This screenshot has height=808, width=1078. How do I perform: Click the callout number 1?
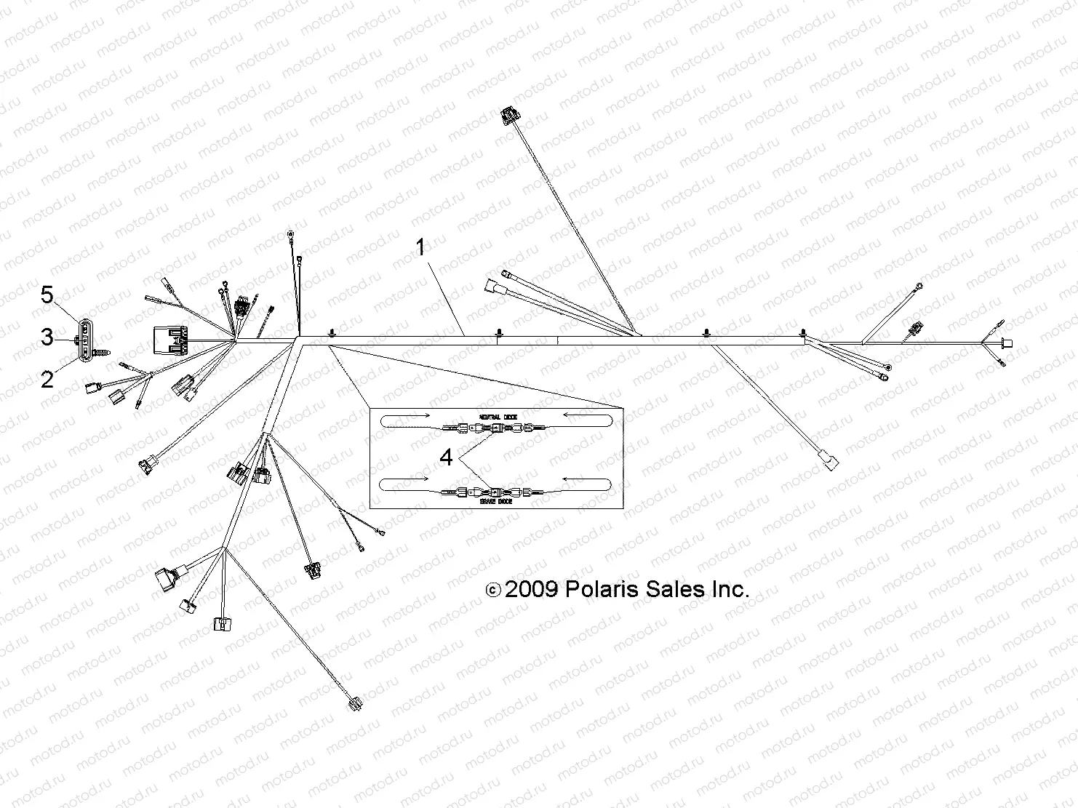(420, 247)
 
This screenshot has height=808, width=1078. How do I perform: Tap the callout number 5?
(47, 295)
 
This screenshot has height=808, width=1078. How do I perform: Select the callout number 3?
(47, 337)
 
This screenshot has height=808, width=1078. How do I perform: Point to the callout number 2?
(47, 379)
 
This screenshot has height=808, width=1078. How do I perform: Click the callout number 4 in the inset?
(446, 457)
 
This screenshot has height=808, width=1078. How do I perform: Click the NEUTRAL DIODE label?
(498, 416)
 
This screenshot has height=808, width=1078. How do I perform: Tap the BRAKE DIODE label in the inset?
(498, 501)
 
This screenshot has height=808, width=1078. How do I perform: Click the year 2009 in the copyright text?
(531, 590)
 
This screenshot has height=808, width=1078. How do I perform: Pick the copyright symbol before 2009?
(492, 591)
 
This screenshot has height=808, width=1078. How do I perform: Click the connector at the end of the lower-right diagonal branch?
(828, 460)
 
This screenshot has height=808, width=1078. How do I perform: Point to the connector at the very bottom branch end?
(356, 703)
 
